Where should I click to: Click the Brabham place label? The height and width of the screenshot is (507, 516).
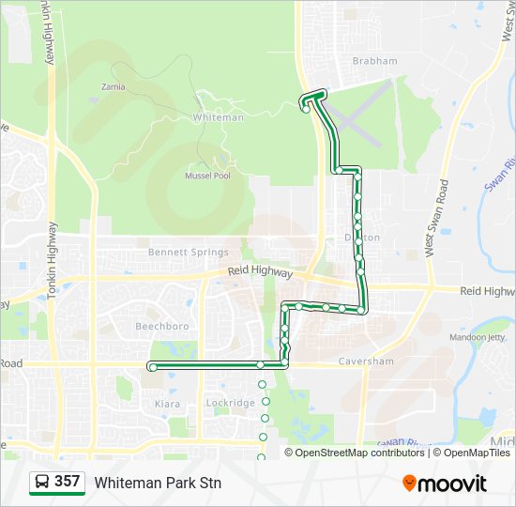374,61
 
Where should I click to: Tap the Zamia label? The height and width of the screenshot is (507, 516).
113,87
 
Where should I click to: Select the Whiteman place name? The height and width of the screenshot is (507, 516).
218,117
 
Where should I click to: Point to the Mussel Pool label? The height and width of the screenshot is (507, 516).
207,176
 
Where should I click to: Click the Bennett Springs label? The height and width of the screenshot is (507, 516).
189,253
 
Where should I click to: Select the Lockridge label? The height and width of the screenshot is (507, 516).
230,403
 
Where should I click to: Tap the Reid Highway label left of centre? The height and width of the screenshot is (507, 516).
261,271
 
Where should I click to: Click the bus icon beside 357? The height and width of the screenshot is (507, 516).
41,483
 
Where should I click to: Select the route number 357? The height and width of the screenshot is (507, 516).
67,482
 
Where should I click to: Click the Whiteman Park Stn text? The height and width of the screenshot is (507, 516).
158,483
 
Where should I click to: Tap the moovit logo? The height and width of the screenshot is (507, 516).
445,484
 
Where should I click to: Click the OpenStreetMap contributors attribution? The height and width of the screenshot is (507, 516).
360,453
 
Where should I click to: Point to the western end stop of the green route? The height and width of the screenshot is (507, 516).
152,367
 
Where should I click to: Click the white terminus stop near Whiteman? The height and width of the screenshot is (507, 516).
307,110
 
